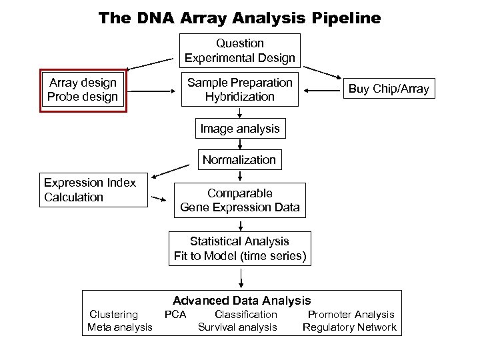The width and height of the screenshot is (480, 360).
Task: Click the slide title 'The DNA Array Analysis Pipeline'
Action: point(240,17)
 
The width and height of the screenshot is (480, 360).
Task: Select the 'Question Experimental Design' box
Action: point(240,51)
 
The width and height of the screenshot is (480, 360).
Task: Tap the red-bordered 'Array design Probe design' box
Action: point(83,89)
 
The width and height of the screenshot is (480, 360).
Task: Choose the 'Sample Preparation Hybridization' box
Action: point(240,89)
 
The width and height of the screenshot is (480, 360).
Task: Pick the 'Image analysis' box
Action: point(240,127)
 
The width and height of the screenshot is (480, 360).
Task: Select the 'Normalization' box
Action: point(239,160)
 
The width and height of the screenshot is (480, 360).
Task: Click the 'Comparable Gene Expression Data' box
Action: point(240,200)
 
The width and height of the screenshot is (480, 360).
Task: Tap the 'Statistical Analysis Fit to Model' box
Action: point(240,248)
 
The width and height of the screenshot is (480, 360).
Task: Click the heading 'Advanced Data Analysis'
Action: point(242,301)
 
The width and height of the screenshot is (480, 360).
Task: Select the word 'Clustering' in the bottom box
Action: point(114,314)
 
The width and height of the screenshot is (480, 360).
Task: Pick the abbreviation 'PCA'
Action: point(175,314)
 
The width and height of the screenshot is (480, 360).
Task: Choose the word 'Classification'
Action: point(245,314)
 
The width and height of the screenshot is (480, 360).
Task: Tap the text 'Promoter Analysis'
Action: point(351,314)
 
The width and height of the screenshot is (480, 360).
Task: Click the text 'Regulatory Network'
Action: point(349,327)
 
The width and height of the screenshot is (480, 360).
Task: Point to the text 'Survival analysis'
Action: point(237,327)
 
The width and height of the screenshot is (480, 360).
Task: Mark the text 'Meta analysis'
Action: point(120,327)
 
